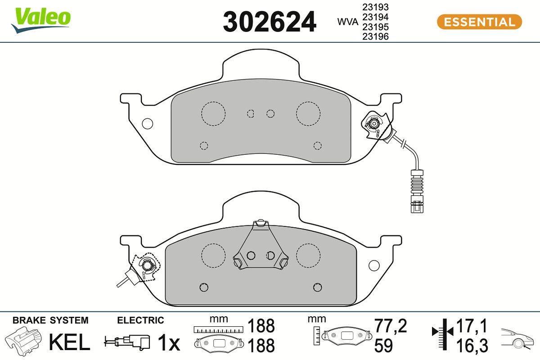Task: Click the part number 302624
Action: (270, 22)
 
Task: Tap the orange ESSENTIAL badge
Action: (479, 22)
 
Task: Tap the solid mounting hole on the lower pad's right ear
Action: (374, 265)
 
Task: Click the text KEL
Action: (69, 343)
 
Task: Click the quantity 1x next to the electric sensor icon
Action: (169, 344)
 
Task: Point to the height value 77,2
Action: (391, 326)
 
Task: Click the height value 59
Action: (383, 346)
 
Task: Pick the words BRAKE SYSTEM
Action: (50, 320)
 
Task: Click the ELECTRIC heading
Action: (140, 320)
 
